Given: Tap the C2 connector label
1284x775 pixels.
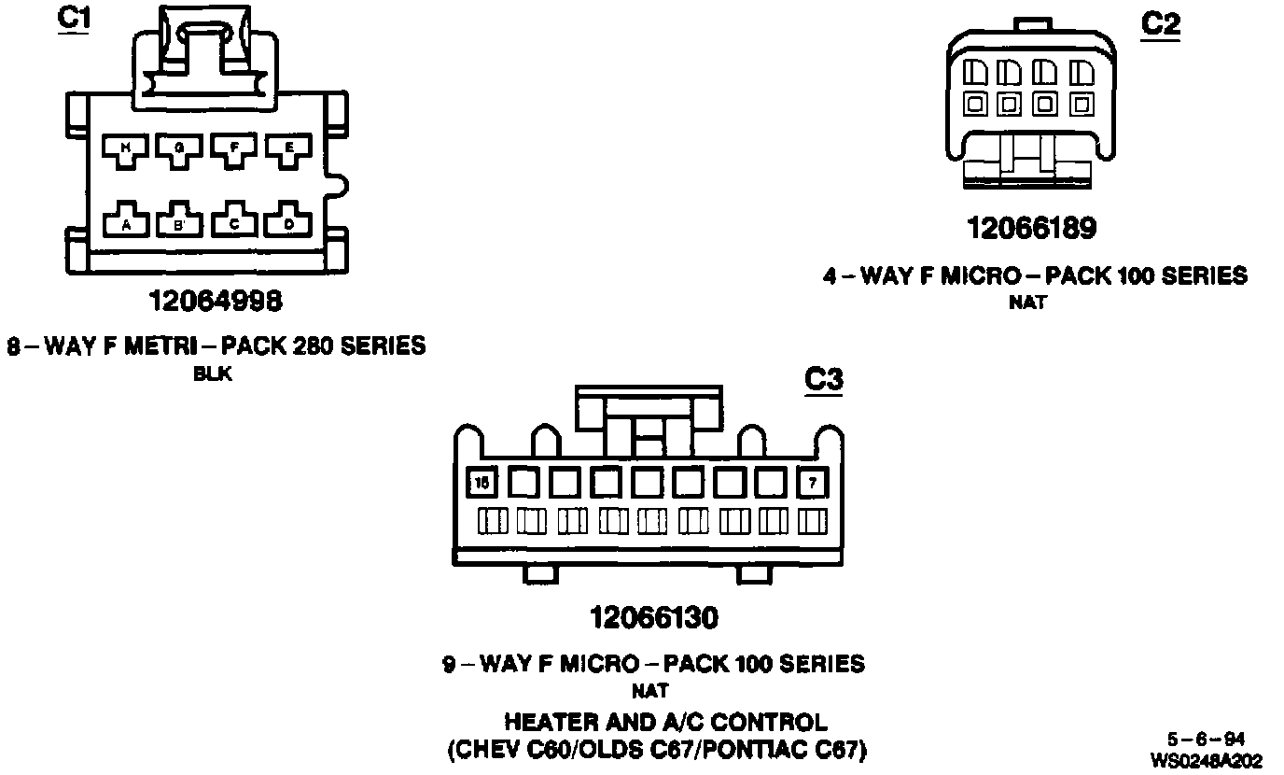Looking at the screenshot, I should pyautogui.click(x=1160, y=24).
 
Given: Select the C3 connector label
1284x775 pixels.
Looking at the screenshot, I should pyautogui.click(x=823, y=380).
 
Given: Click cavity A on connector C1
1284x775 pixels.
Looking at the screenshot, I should pyautogui.click(x=126, y=222).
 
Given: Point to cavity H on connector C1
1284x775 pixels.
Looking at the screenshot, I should pyautogui.click(x=126, y=148).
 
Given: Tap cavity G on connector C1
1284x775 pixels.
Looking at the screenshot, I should pyautogui.click(x=179, y=148).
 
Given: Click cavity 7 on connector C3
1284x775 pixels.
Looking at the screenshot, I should pyautogui.click(x=814, y=483).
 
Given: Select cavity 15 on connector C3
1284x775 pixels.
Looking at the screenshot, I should pyautogui.click(x=481, y=483).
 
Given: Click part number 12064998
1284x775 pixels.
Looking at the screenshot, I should pyautogui.click(x=216, y=301).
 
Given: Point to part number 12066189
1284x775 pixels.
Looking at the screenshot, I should pyautogui.click(x=1031, y=228).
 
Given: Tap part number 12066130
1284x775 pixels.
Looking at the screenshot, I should pyautogui.click(x=654, y=617).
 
